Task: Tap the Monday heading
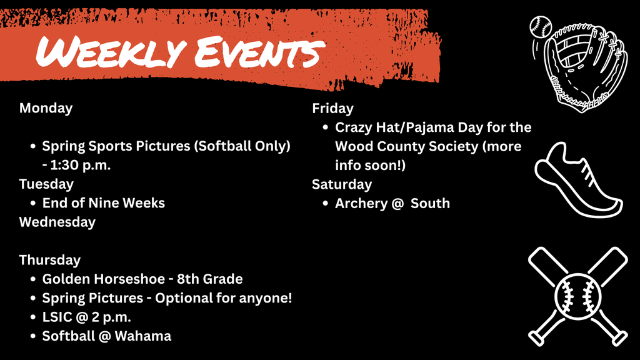(46, 108)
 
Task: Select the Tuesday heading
(46, 184)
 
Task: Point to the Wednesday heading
(57, 222)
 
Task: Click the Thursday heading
(49, 260)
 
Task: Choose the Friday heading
(332, 109)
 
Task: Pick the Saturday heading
(342, 184)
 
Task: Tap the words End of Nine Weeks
(104, 203)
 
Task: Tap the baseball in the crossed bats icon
(577, 295)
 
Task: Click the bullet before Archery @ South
(326, 204)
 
